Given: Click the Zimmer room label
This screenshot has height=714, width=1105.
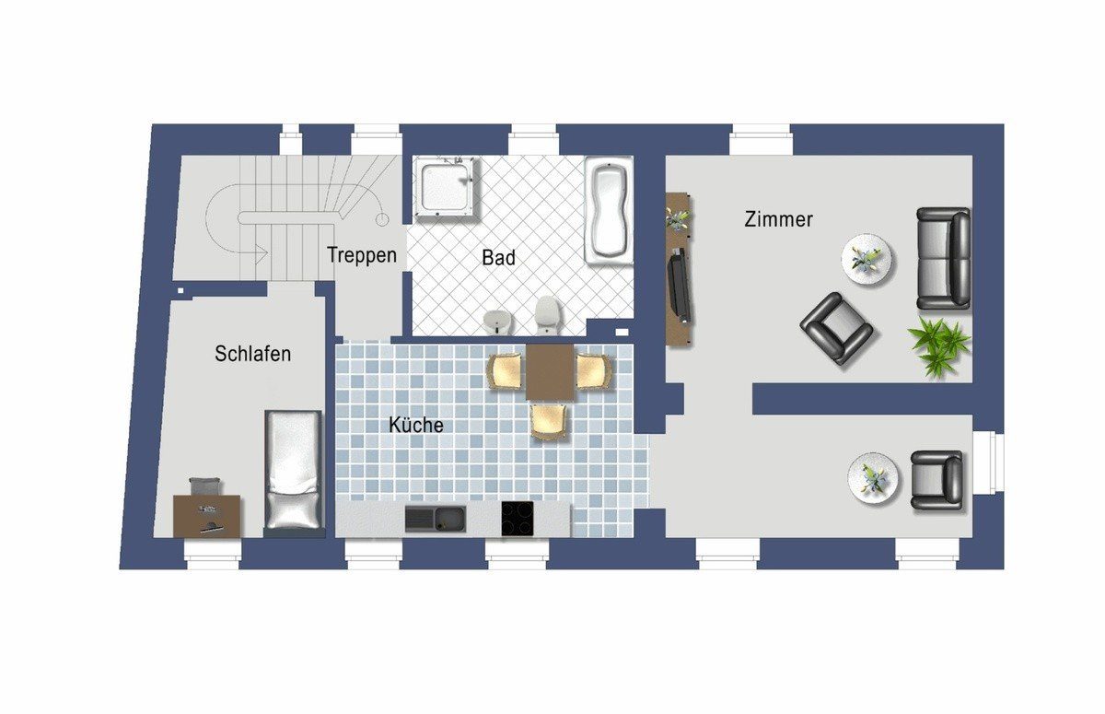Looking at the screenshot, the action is [778, 219].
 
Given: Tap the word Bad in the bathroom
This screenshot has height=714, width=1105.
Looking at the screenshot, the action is [498, 258].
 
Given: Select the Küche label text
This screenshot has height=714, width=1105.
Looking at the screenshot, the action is [416, 425].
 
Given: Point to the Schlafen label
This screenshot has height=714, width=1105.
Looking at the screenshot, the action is [252, 354].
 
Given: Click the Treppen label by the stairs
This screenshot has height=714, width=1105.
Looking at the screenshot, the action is [362, 255].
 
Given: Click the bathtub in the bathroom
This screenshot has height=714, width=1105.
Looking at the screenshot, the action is [609, 211].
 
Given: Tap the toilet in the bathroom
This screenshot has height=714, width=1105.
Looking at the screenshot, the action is [548, 314].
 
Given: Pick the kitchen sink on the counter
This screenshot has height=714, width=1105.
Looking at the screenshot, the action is [435, 519].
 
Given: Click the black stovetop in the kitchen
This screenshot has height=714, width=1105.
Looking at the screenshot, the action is [518, 518].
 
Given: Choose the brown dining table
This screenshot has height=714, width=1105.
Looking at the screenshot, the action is [550, 372].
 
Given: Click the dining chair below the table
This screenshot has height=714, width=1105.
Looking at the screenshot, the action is [549, 420].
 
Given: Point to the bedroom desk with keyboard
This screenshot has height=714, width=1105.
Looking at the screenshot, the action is [207, 516].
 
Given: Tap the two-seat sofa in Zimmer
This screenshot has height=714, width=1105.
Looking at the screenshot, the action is [943, 259].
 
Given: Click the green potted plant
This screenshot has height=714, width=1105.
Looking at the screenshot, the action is [937, 347].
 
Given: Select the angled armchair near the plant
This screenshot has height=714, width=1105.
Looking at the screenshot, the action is [835, 328].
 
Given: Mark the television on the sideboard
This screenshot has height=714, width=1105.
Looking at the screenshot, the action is [679, 286].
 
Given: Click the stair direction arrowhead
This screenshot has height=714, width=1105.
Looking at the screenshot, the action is [262, 254].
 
